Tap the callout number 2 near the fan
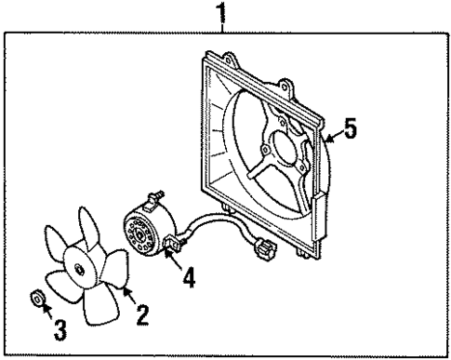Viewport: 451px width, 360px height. (x=142, y=315)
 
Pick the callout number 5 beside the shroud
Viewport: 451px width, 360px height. (x=349, y=130)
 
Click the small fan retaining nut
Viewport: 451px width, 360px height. (x=38, y=300)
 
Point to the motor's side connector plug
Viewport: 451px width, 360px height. (x=173, y=248)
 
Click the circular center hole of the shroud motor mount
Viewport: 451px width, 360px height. (x=271, y=148)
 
